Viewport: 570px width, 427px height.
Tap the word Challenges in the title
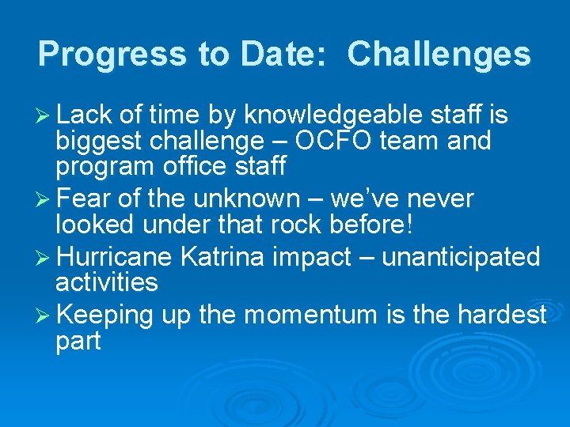coord(439,54)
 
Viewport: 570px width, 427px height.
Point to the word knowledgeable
coord(333,116)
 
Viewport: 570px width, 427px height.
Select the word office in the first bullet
coord(192,167)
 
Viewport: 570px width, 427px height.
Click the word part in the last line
coord(78,341)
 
